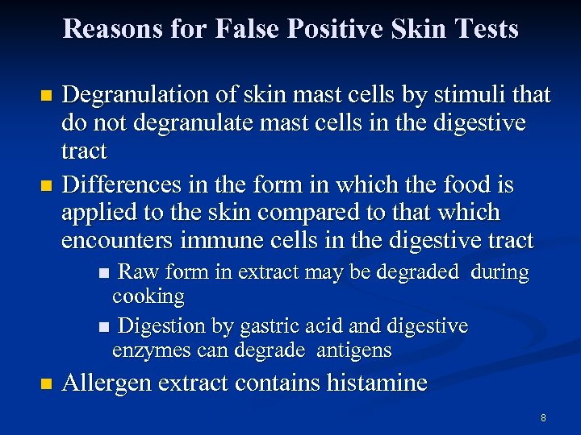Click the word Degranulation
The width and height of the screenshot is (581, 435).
(136, 96)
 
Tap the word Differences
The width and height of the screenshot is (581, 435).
(119, 186)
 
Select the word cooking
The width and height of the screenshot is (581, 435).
(148, 297)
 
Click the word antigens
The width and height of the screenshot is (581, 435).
(354, 350)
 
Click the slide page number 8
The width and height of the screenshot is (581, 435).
(543, 418)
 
